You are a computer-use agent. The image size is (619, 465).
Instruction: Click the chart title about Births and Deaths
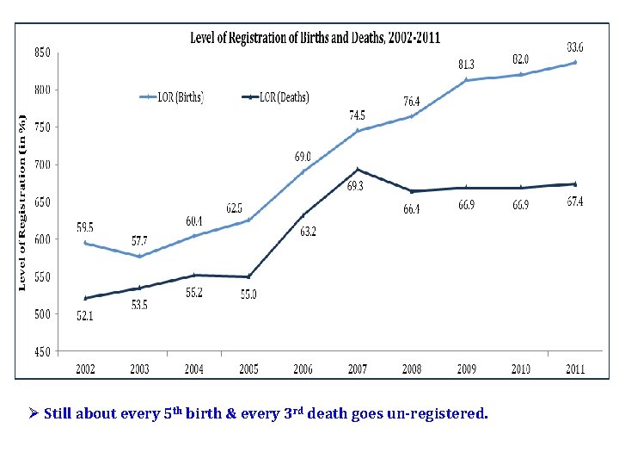(x=315, y=38)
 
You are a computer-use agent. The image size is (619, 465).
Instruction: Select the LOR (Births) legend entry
(x=172, y=97)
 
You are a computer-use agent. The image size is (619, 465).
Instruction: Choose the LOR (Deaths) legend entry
(x=274, y=97)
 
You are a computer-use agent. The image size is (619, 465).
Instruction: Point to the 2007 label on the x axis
(x=357, y=369)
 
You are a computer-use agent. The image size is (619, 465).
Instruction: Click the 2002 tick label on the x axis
(x=85, y=369)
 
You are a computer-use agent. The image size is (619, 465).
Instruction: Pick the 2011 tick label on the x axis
(x=574, y=369)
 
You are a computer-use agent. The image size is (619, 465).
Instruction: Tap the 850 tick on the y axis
(x=42, y=52)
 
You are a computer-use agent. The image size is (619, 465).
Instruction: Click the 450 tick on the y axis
(x=42, y=351)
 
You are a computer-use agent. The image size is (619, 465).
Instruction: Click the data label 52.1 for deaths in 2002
(x=85, y=317)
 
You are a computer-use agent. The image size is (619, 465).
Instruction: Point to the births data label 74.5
(x=356, y=115)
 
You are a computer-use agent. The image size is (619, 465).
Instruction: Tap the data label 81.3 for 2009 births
(x=466, y=63)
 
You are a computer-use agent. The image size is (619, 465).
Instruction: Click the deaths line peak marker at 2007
(x=358, y=170)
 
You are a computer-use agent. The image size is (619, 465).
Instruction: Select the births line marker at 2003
(x=139, y=256)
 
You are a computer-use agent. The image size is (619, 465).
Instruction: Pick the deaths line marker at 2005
(x=248, y=276)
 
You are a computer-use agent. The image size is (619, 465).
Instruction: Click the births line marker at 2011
(x=574, y=62)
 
